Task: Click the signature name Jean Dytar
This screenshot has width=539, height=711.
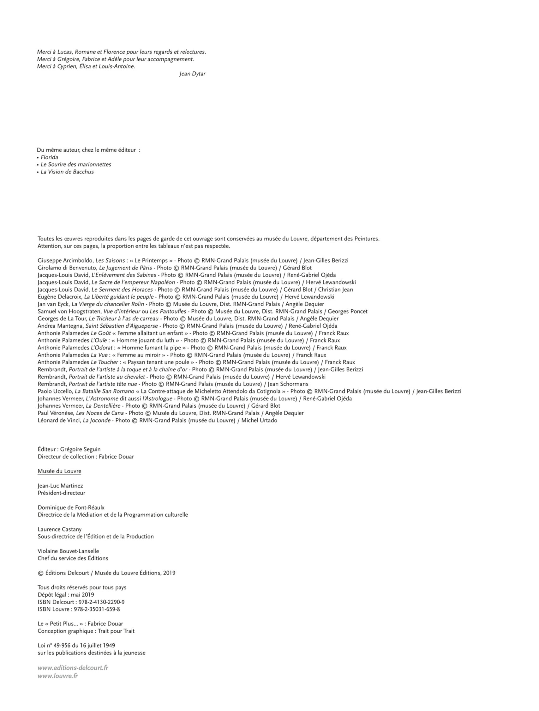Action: tap(192, 74)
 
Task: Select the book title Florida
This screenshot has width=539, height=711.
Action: tap(49, 157)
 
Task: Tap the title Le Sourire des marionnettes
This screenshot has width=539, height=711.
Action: tap(76, 165)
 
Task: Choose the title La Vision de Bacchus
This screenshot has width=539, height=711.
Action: tap(67, 172)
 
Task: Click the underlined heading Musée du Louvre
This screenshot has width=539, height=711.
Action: tap(59, 471)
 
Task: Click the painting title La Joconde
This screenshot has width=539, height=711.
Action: tap(96, 420)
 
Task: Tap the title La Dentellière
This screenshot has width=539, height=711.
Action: tap(103, 406)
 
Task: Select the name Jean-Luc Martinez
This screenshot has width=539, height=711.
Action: tap(60, 486)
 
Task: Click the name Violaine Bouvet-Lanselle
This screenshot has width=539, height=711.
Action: tap(68, 551)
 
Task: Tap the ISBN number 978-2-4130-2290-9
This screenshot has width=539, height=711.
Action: tap(101, 602)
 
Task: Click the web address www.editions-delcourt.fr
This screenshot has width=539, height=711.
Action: tap(73, 668)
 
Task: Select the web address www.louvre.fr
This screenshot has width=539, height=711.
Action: tap(58, 676)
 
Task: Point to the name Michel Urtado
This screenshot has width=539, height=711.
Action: tap(259, 420)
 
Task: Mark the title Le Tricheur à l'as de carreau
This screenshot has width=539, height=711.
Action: tap(123, 319)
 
